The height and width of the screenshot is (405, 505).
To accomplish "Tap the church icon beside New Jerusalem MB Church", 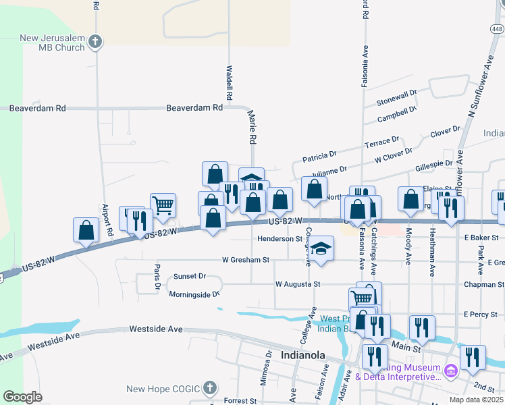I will [x=95, y=42].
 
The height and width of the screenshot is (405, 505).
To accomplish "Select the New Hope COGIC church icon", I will [x=211, y=388].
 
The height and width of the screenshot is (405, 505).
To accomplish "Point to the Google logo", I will [x=22, y=397].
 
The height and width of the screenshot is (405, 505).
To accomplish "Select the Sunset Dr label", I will [x=189, y=276].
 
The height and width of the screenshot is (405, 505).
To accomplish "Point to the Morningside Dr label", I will [x=194, y=294].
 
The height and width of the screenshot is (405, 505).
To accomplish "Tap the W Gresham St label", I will [x=246, y=259].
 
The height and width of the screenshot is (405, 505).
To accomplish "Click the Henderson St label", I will [x=280, y=239].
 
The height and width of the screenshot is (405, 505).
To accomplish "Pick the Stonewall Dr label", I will [x=398, y=99].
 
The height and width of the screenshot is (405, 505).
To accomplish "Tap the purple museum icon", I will [x=452, y=370].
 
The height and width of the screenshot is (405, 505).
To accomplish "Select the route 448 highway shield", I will [x=497, y=29].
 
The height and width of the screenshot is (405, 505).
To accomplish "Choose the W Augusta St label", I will [x=297, y=285].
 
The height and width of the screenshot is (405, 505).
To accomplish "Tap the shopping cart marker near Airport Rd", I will [x=163, y=205].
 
